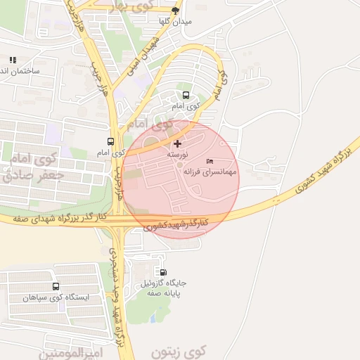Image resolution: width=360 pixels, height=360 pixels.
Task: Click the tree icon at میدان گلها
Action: pos(175,11)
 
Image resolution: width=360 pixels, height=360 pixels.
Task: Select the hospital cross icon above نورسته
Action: pos(176,143)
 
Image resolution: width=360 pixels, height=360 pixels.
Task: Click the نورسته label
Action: pos(176,154)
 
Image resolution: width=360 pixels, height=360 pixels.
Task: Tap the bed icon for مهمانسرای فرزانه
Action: pos(210,162)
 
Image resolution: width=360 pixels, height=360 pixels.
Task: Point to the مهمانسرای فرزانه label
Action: pos(210,172)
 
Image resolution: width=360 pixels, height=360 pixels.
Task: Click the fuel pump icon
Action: pos(164,272)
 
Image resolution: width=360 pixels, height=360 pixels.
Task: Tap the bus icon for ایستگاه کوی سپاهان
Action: pos(56,286)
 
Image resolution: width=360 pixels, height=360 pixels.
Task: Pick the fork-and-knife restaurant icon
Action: pos(12,60)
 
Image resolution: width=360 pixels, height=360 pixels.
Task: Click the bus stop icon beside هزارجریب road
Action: pos(110,142)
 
